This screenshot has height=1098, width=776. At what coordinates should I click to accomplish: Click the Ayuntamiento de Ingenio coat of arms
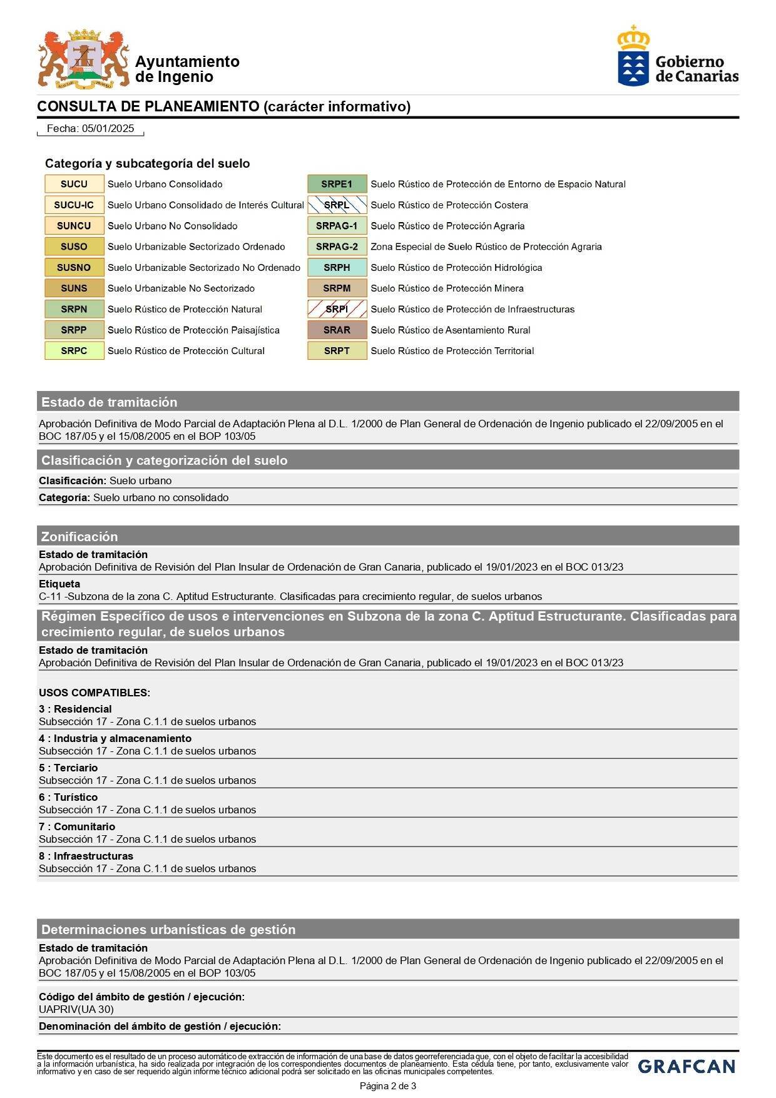point(83,59)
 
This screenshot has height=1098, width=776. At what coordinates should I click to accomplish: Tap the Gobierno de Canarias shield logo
point(633,56)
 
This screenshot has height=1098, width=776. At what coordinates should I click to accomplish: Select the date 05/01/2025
point(108,128)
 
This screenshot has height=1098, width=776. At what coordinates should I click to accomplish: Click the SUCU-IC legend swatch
point(74,205)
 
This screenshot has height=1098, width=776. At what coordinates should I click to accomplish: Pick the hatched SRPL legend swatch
point(337,205)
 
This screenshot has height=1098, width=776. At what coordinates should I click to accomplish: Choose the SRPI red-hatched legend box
point(337,309)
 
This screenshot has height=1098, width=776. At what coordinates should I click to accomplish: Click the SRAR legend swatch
point(337,330)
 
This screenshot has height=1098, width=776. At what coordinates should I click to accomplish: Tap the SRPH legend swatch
point(337,267)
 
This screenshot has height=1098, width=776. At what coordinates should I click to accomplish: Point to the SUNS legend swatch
point(74,288)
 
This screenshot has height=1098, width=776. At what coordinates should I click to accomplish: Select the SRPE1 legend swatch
point(337,184)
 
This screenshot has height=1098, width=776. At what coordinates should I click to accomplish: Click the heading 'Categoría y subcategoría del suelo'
point(147,163)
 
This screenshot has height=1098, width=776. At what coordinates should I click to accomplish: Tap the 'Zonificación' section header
point(79,536)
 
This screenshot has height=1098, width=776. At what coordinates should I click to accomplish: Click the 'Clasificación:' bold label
point(73,480)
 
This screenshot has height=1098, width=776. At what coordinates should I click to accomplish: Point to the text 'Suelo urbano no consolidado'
point(161,497)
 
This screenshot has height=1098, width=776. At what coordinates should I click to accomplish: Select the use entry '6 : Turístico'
point(68,797)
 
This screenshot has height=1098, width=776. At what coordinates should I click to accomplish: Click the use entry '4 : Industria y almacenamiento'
point(115,738)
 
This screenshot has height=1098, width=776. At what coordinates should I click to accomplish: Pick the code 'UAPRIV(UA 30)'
point(76,1009)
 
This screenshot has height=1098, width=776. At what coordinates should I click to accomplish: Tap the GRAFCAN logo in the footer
point(687,1066)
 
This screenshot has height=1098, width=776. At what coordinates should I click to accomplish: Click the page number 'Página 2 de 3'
point(387,1086)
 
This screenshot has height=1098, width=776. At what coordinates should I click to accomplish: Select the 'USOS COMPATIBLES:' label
point(94,693)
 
